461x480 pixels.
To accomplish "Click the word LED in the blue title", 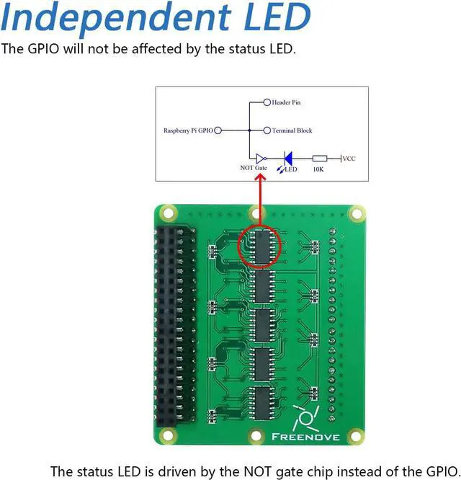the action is coord(271,19).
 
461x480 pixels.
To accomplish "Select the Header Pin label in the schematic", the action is coord(286,103).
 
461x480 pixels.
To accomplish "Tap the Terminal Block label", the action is coord(291,131).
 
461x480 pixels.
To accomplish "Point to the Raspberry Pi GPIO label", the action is coord(188,131).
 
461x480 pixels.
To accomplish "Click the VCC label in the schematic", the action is coord(349,159).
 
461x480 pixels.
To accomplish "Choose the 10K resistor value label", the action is coord(319,169).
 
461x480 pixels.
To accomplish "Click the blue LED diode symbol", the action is coord(288,158).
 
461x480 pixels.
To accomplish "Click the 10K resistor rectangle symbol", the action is coord(319,159).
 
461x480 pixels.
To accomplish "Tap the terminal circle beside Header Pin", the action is coord(267,103).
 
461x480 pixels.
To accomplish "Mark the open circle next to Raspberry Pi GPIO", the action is coord(218,131).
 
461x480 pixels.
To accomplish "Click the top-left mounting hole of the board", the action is coord(168,213).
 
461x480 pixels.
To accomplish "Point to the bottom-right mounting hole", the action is coord(354,437).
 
